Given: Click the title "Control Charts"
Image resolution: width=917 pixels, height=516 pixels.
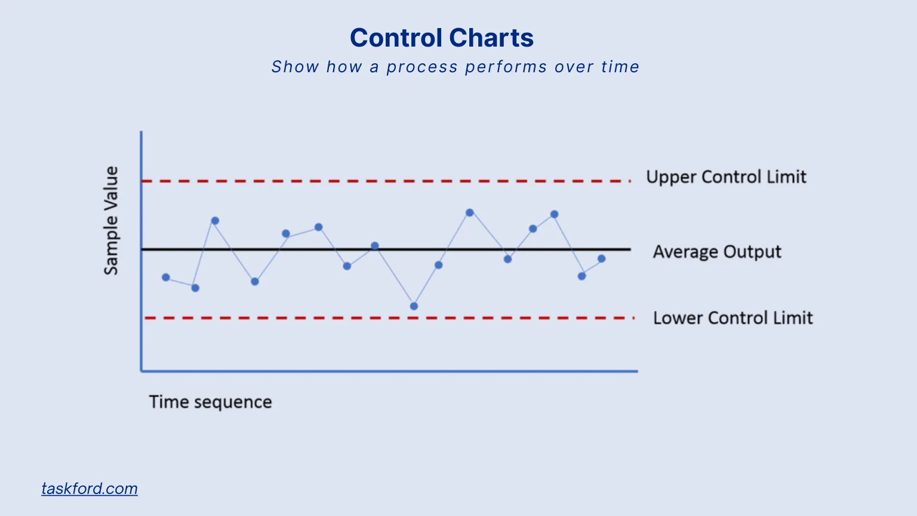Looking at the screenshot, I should coord(441,38).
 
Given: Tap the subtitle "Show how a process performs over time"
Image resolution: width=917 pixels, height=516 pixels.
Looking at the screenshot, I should coord(455,66).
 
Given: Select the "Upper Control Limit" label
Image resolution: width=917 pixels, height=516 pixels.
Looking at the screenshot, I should coord(726,177).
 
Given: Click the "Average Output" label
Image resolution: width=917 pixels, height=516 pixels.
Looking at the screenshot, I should coord(716,251).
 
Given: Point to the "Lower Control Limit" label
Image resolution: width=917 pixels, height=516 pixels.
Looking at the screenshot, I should coord(733,318).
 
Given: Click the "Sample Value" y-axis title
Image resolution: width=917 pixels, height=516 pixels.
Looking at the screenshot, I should coord(111,220).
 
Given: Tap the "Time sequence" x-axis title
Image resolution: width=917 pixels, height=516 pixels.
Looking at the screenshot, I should coord(210,402).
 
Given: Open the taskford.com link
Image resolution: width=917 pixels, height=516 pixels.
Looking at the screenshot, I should coord(90,489).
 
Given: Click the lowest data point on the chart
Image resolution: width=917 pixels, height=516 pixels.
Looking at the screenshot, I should coord(414,306).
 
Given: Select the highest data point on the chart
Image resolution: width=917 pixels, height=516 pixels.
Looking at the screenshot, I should coord(470,213).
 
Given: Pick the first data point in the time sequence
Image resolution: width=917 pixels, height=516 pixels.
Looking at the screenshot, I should coord(166,277).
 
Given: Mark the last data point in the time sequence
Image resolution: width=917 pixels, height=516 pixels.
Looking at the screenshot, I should coord(602,259).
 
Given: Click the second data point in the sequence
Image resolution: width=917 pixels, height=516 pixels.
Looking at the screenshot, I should coord(195,288).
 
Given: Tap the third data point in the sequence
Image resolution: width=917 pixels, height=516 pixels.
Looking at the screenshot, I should coord(216,221).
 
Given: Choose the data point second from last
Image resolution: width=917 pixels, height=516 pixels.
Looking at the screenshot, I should coord(581,276).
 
